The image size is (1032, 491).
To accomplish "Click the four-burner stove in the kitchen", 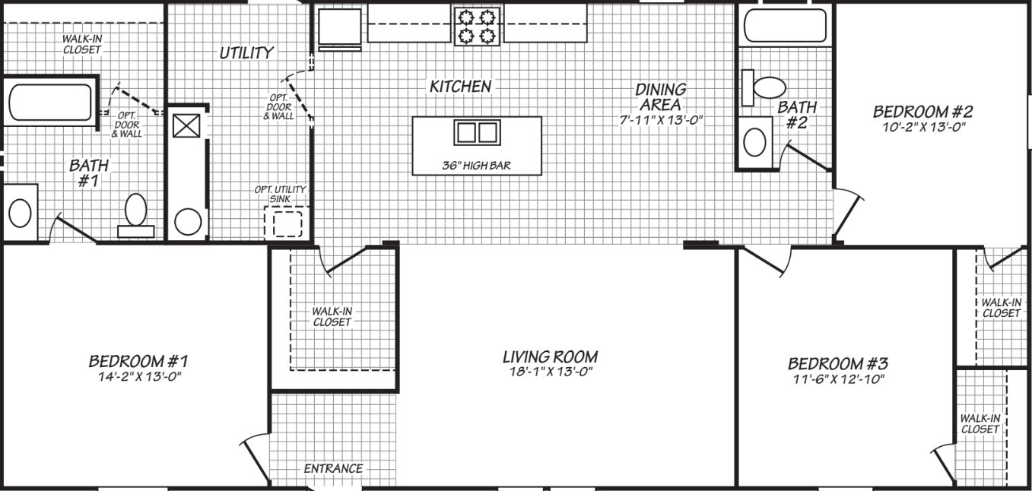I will [477, 26].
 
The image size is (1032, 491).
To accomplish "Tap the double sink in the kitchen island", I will [477, 132].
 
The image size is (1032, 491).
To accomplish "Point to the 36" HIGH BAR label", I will [477, 165].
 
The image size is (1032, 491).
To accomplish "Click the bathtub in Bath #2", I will [784, 25].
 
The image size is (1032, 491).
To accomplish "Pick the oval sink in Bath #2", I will [754, 142].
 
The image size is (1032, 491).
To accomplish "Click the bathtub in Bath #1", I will [49, 103].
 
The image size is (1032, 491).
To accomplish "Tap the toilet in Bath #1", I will [135, 212].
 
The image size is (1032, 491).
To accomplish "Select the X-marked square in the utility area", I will [185, 125].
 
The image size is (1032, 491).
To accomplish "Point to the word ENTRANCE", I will [333, 468].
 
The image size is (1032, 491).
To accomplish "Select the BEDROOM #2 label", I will [922, 112].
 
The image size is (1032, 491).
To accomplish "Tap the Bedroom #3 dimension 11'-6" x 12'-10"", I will [837, 379].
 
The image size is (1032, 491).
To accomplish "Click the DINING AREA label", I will [660, 97].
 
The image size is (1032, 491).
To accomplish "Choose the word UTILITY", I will [246, 52].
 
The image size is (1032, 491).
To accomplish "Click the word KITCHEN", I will [460, 87].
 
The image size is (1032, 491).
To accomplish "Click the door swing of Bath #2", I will [806, 158].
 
